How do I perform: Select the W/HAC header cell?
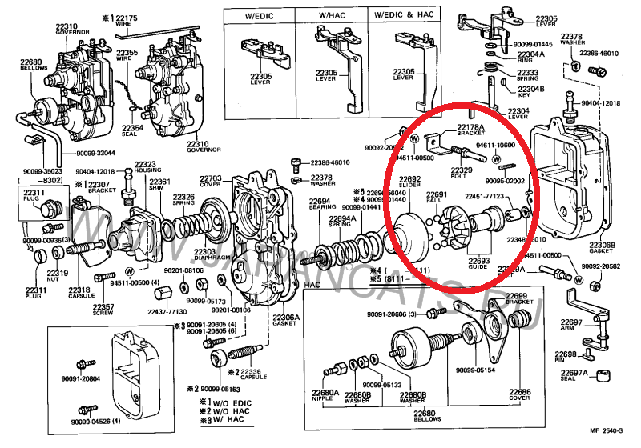pyautogui.click(x=330, y=14)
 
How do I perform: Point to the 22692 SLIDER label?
pyautogui.click(x=410, y=182)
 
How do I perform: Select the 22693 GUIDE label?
pyautogui.click(x=478, y=265)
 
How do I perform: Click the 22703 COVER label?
pyautogui.click(x=211, y=181)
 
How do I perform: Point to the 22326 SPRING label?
pyautogui.click(x=184, y=199)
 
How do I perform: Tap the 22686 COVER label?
pyautogui.click(x=520, y=395)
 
